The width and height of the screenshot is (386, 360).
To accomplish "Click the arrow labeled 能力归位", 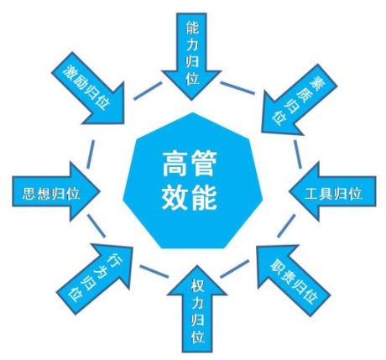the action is pyautogui.click(x=192, y=53).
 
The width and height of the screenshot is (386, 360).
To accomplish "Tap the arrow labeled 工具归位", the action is pyautogui.click(x=333, y=192).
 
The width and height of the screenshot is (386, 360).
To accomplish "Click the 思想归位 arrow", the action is pyautogui.click(x=55, y=192).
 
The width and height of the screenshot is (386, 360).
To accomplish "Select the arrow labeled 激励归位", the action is pyautogui.click(x=91, y=90).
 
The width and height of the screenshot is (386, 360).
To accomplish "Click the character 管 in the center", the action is pyautogui.click(x=203, y=164).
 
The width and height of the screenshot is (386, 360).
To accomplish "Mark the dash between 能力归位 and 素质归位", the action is pyautogui.click(x=237, y=88).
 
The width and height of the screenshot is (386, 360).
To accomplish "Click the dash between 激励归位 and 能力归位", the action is pyautogui.click(x=148, y=91).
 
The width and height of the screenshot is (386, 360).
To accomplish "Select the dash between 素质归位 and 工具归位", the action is pyautogui.click(x=298, y=154).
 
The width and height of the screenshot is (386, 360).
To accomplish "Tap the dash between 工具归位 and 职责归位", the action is pyautogui.click(x=286, y=226).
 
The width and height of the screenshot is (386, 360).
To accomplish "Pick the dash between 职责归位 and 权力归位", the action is pyautogui.click(x=234, y=269).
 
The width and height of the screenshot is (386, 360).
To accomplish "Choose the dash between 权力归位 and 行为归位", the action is pyautogui.click(x=154, y=271).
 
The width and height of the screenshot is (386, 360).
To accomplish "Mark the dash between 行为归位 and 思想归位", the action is pyautogui.click(x=96, y=226).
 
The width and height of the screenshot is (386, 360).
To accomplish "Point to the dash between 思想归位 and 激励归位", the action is pyautogui.click(x=91, y=154).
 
